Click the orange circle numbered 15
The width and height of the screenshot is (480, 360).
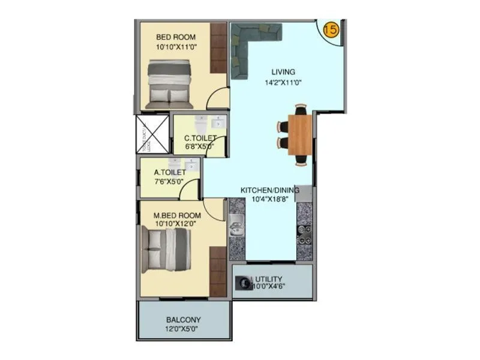(x=331, y=29)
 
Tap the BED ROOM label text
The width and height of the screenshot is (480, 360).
(x=175, y=37)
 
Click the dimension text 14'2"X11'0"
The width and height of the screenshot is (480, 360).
(x=283, y=83)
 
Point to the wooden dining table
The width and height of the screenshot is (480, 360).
(x=300, y=134)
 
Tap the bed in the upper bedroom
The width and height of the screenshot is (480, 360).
(x=169, y=85)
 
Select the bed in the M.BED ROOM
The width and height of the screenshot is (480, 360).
(x=166, y=249)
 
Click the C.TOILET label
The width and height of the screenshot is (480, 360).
(x=199, y=139)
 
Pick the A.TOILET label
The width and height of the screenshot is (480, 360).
(x=169, y=173)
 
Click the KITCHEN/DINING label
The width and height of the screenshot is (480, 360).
(x=269, y=190)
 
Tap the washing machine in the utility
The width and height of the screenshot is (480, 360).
(x=244, y=281)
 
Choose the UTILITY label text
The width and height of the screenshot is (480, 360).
(x=269, y=280)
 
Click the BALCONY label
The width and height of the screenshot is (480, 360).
(x=184, y=320)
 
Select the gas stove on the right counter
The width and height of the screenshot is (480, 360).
(x=304, y=233)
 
